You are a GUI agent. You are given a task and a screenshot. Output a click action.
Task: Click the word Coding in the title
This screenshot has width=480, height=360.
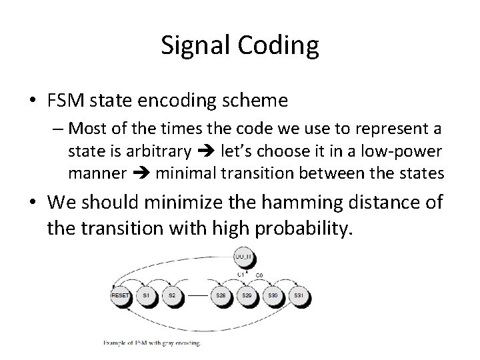pyautogui.click(x=279, y=45)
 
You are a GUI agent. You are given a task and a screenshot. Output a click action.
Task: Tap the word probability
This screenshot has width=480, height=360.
pyautogui.click(x=298, y=227)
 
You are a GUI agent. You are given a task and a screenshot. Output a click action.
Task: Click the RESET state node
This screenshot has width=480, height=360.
pyautogui.click(x=120, y=295)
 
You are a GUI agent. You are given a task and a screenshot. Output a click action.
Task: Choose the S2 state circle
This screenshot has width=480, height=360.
pyautogui.click(x=172, y=295)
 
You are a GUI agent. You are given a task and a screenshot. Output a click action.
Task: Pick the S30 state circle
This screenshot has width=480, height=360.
pyautogui.click(x=272, y=295)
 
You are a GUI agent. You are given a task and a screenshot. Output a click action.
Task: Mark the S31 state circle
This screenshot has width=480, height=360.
pyautogui.click(x=299, y=295)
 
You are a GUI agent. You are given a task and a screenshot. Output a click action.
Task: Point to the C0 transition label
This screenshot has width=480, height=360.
pyautogui.click(x=259, y=274)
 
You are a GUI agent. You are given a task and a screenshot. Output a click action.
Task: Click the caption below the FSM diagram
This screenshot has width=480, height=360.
pyautogui.click(x=151, y=343)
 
